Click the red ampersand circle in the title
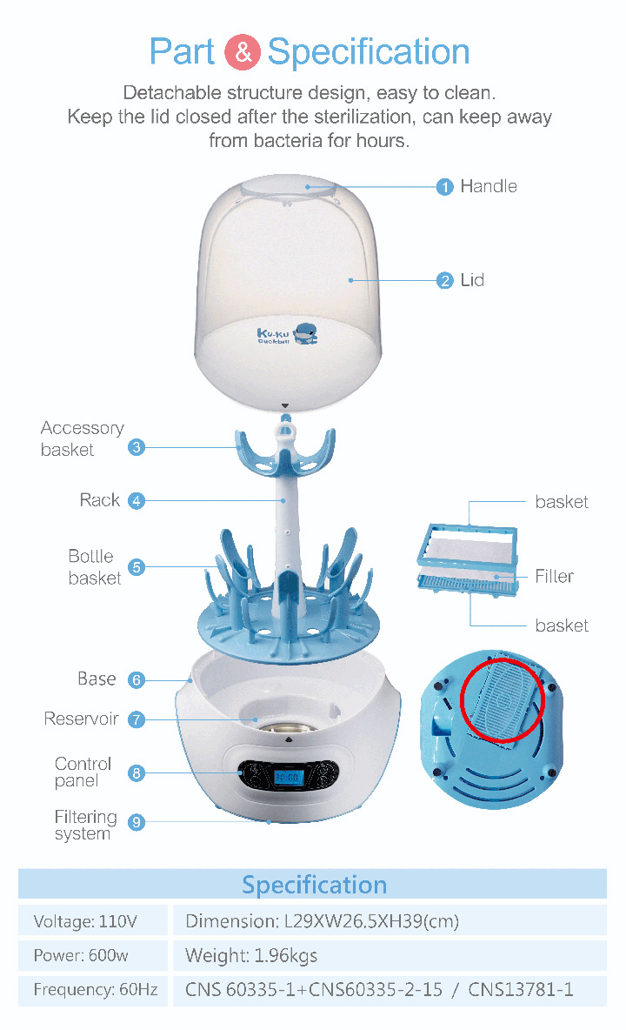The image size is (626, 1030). [243, 52]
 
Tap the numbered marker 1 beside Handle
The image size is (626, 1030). [445, 187]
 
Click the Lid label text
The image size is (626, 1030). [472, 280]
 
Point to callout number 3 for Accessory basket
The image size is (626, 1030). [137, 448]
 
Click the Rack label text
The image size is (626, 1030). [100, 500]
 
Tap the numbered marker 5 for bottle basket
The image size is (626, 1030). [137, 567]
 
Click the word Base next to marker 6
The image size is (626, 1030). [96, 679]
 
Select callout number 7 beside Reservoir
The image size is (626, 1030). [137, 719]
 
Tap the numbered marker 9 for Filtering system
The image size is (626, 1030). [137, 822]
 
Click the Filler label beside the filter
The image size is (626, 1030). [554, 576]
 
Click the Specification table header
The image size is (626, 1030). [313, 885]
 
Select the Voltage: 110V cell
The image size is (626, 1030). [86, 921]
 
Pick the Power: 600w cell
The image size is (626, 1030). [81, 956]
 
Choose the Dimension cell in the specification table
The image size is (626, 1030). [322, 921]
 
